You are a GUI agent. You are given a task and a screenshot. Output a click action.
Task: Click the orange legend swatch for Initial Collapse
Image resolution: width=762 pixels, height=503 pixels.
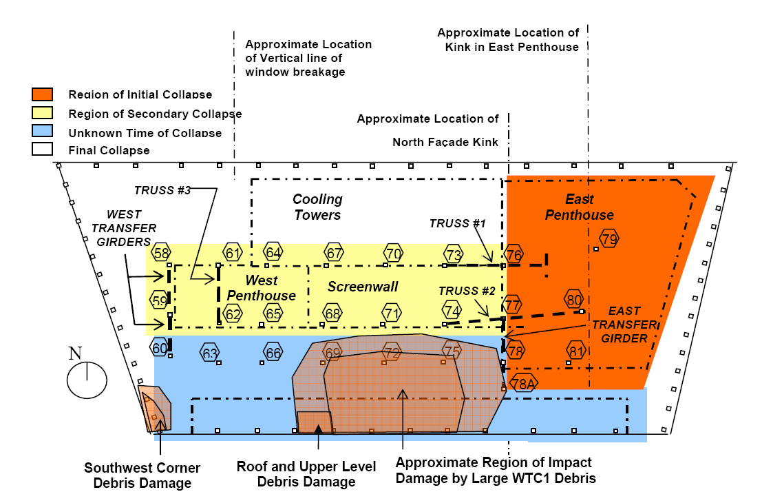pyautogui.click(x=42, y=94)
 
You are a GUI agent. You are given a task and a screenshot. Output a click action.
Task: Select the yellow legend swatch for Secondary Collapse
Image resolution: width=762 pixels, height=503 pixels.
pyautogui.click(x=42, y=113)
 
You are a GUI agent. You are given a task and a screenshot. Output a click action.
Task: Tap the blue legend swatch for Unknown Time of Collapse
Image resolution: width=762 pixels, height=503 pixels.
pyautogui.click(x=42, y=132)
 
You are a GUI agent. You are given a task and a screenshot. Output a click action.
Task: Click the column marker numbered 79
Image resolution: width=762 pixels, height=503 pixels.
pyautogui.click(x=609, y=239)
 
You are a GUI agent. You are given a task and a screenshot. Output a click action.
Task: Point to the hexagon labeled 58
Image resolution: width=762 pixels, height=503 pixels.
pyautogui.click(x=162, y=253)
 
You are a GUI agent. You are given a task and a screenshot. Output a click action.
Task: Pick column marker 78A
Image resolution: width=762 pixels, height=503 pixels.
pyautogui.click(x=523, y=384)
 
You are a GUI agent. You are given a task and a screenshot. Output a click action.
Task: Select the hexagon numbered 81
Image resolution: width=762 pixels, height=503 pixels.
pyautogui.click(x=576, y=351)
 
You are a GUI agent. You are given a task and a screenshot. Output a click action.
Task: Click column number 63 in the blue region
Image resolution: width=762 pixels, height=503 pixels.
pyautogui.click(x=211, y=353)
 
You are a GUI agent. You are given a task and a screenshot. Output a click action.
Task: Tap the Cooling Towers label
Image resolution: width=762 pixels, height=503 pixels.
pyautogui.click(x=317, y=207)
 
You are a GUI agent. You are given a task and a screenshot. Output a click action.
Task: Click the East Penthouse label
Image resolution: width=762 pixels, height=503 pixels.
pyautogui.click(x=580, y=207)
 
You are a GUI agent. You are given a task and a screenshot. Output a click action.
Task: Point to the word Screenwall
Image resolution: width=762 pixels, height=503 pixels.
pyautogui.click(x=363, y=287)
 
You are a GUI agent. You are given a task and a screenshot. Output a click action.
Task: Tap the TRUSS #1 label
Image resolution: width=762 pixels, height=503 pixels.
pyautogui.click(x=457, y=223)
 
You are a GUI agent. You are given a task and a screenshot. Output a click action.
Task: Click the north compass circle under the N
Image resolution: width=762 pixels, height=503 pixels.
pyautogui.click(x=87, y=380)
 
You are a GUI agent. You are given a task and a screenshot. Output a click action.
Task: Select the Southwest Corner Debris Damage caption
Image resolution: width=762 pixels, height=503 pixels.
pyautogui.click(x=142, y=475)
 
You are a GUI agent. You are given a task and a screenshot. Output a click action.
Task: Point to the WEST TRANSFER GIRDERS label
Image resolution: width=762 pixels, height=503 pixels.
pyautogui.click(x=133, y=228)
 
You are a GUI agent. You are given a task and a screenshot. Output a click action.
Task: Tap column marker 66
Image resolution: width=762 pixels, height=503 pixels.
pyautogui.click(x=273, y=353)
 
